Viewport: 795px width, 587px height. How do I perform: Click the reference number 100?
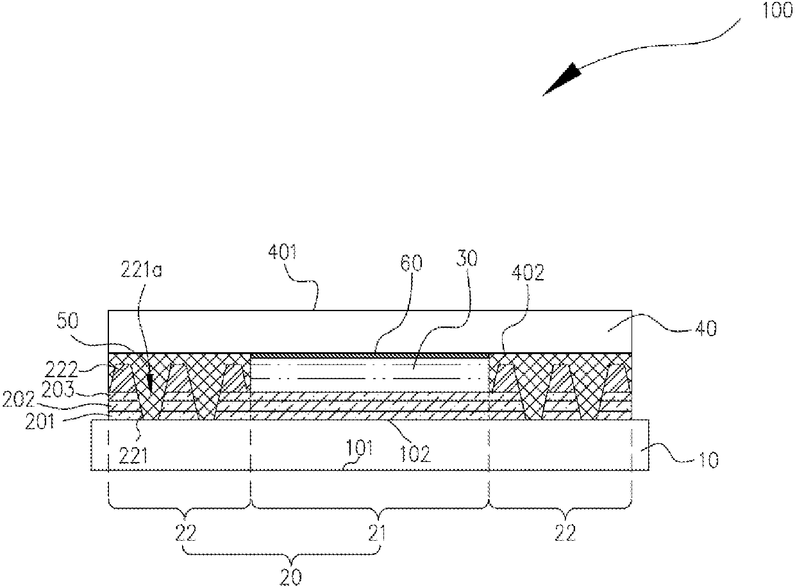(x=776, y=10)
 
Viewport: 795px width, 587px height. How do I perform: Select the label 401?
(x=283, y=253)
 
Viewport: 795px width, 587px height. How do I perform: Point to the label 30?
(x=467, y=259)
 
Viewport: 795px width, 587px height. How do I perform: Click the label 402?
(x=528, y=273)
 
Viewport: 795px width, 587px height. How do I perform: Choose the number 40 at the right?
(x=706, y=328)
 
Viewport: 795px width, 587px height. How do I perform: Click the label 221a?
(x=141, y=270)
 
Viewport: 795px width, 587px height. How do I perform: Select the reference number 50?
(x=67, y=321)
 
